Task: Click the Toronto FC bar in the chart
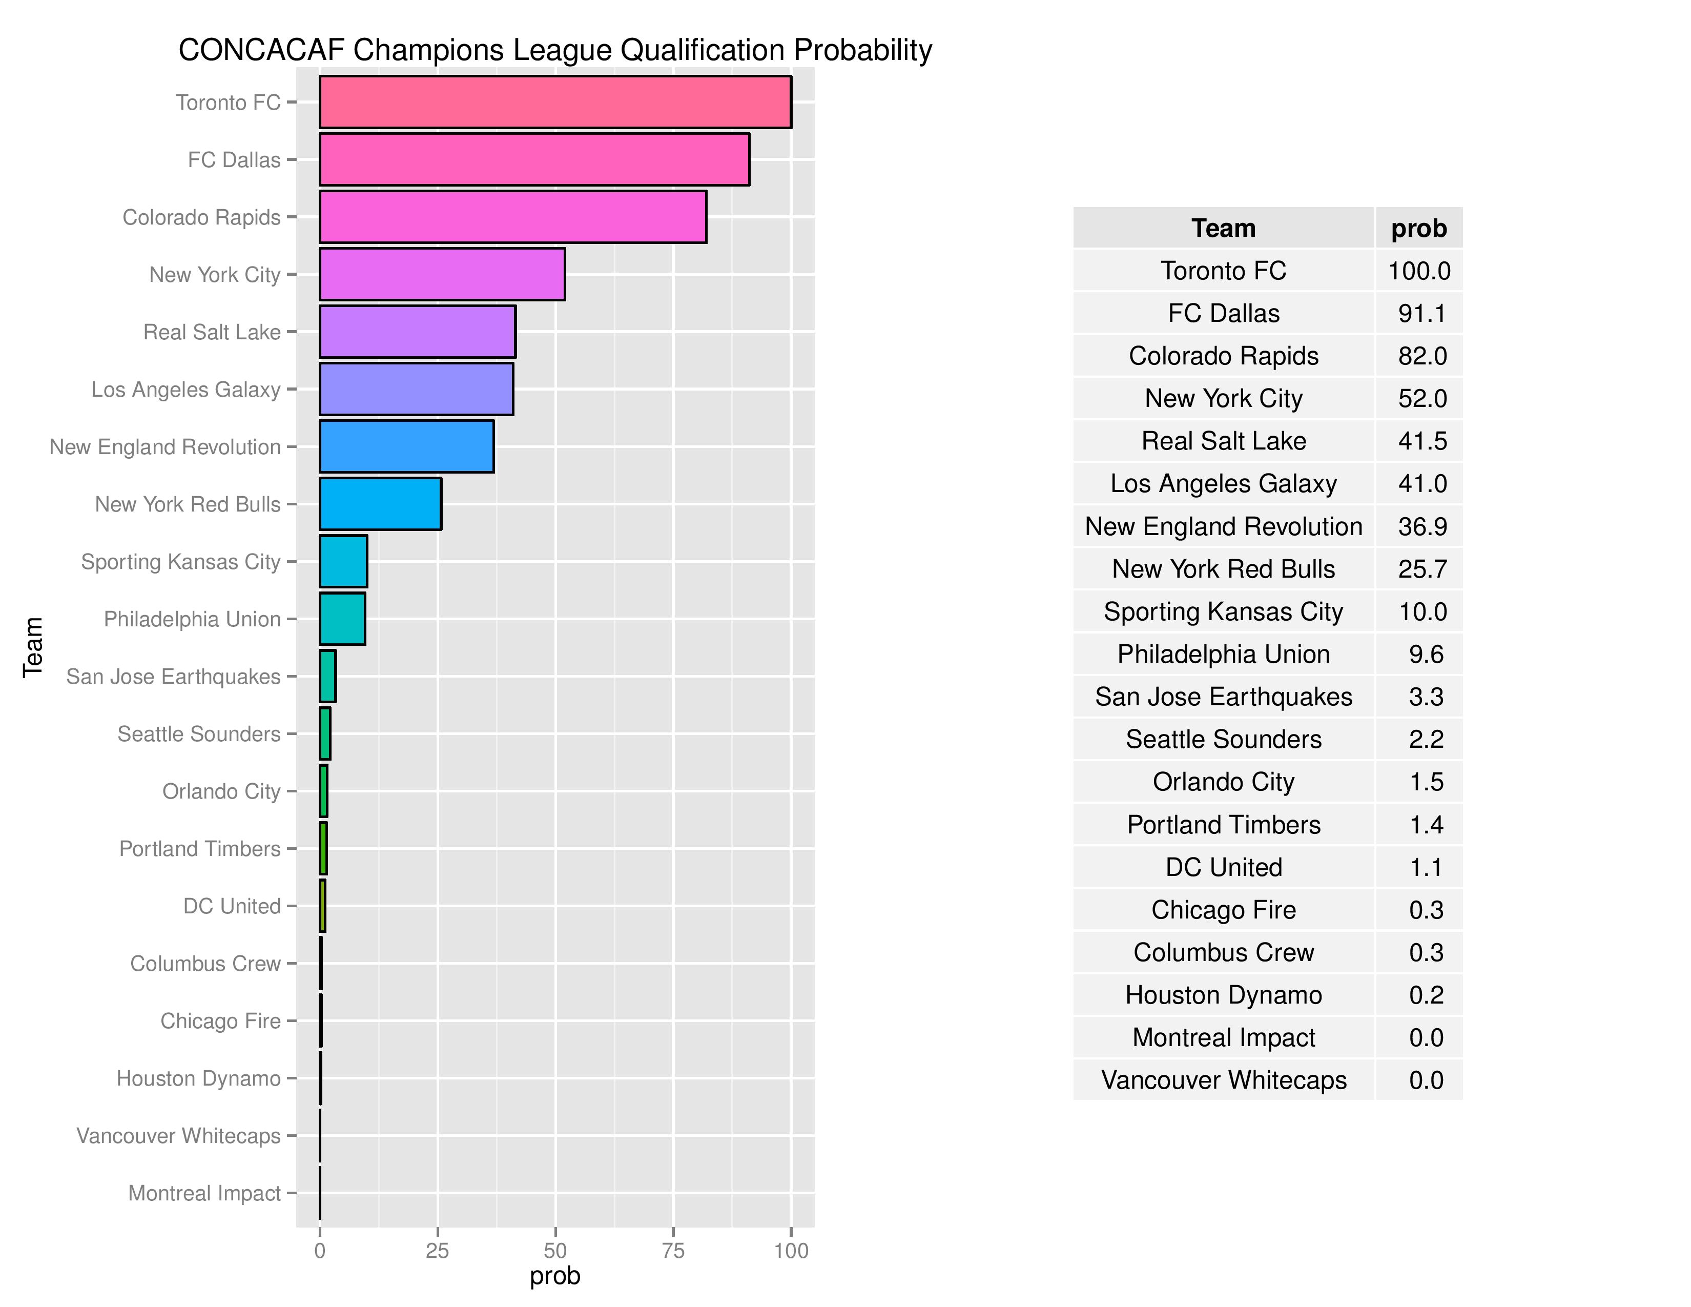point(555,101)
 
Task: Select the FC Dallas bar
point(534,159)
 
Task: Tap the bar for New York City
point(442,274)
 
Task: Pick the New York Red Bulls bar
point(380,504)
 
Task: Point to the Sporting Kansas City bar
point(343,561)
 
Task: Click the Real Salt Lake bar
point(417,332)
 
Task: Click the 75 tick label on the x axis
point(673,1251)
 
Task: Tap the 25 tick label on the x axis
point(438,1251)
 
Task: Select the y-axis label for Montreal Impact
point(204,1193)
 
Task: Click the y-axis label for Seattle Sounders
point(199,734)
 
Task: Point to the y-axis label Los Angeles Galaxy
point(186,390)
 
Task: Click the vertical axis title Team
point(32,647)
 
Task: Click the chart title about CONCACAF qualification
point(555,50)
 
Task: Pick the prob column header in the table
point(1418,229)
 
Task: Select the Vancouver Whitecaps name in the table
point(1223,1080)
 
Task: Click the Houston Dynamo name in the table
point(1223,995)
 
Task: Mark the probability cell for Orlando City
point(1426,782)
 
